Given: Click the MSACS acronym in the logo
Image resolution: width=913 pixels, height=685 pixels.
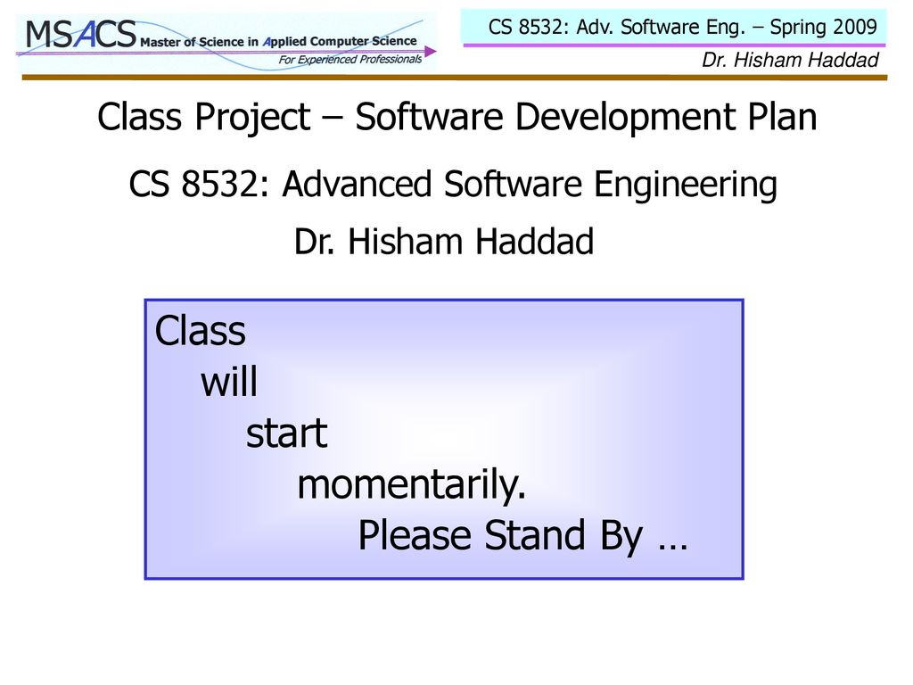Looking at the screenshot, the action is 81,34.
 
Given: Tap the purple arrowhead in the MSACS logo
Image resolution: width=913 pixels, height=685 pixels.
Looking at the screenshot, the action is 431,52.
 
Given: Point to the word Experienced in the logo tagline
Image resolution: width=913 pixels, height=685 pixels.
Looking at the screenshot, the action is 326,60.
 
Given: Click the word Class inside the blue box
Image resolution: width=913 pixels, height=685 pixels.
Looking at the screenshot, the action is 200,331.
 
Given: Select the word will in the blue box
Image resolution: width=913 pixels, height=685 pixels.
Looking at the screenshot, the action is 229,382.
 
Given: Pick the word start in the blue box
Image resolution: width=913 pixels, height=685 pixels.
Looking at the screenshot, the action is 286,434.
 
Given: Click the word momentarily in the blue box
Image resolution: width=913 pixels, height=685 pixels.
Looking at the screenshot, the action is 411,484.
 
